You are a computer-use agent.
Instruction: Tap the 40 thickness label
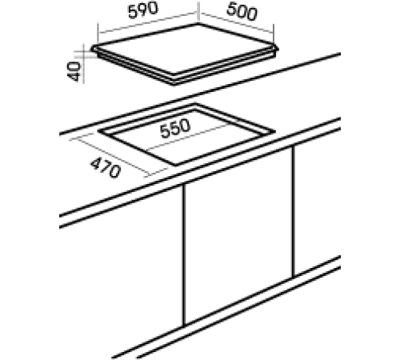click(74, 69)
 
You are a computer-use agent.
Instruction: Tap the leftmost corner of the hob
click(94, 50)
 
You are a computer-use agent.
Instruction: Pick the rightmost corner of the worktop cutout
click(275, 131)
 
